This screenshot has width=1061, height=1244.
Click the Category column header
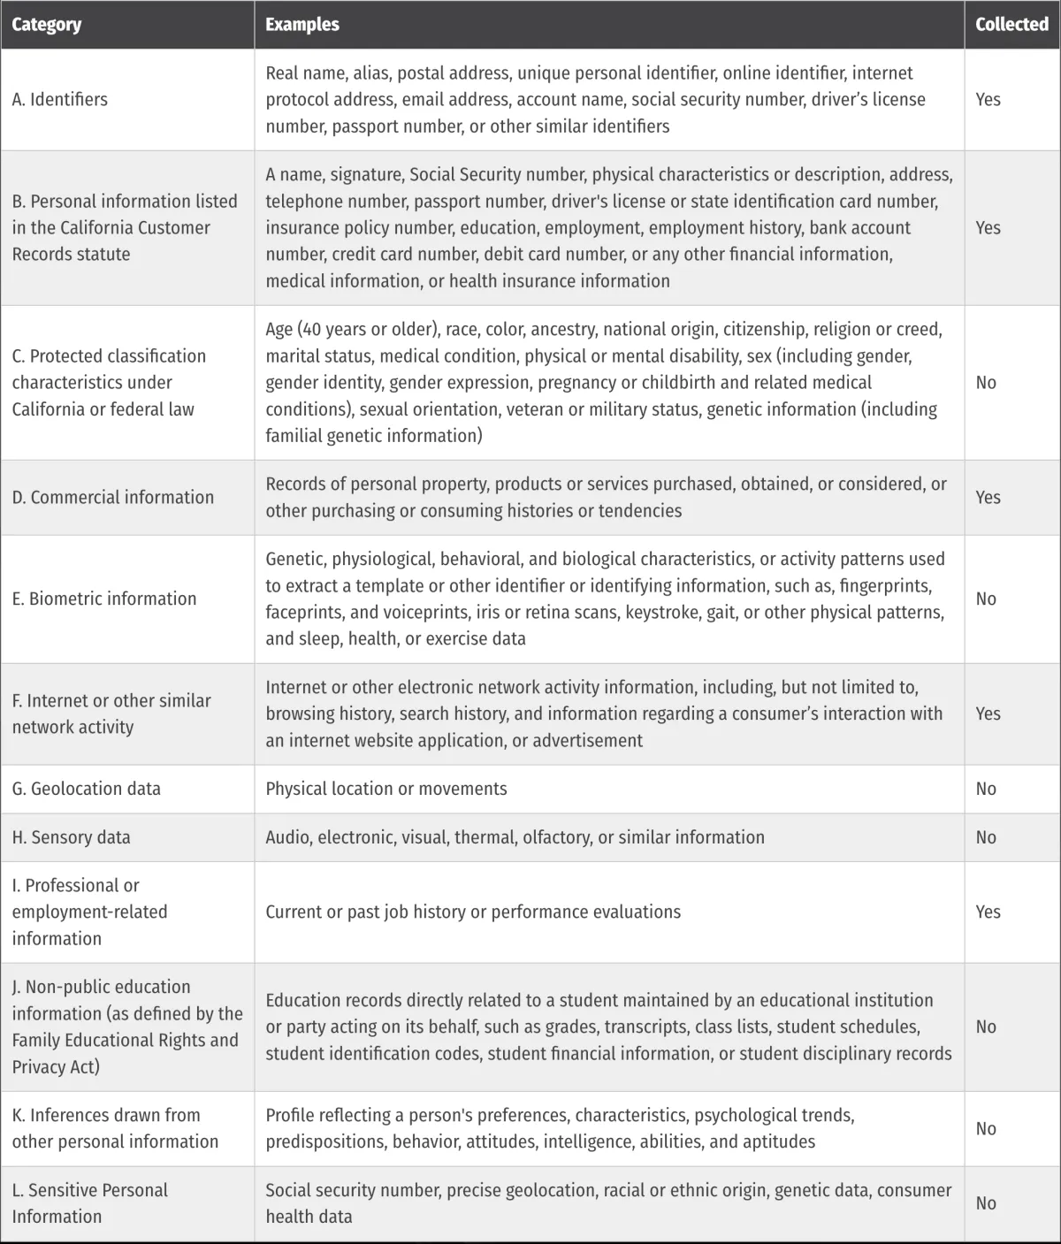(x=47, y=25)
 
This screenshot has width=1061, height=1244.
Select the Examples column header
(x=302, y=25)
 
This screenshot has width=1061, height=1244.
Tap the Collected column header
(x=1011, y=25)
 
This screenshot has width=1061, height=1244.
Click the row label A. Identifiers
(x=60, y=100)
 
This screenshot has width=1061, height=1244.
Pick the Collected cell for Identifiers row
(x=988, y=100)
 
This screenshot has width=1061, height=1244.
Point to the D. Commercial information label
(x=113, y=498)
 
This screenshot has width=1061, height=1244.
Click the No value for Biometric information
(x=986, y=599)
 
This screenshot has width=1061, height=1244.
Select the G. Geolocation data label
(x=87, y=789)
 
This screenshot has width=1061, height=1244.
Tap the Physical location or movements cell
(x=386, y=789)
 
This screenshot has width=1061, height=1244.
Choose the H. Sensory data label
(x=71, y=837)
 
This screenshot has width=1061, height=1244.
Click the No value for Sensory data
(x=986, y=837)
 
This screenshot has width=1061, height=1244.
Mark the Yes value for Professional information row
(x=988, y=912)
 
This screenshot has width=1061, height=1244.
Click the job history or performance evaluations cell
(x=473, y=912)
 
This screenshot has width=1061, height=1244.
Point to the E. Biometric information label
(x=104, y=599)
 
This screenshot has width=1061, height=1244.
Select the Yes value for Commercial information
(x=988, y=498)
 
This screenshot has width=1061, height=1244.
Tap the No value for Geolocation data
(x=986, y=789)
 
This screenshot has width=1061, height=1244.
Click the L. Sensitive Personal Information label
(x=89, y=1203)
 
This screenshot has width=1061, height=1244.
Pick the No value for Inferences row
(x=986, y=1129)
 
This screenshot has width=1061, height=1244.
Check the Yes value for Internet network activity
(x=988, y=714)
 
